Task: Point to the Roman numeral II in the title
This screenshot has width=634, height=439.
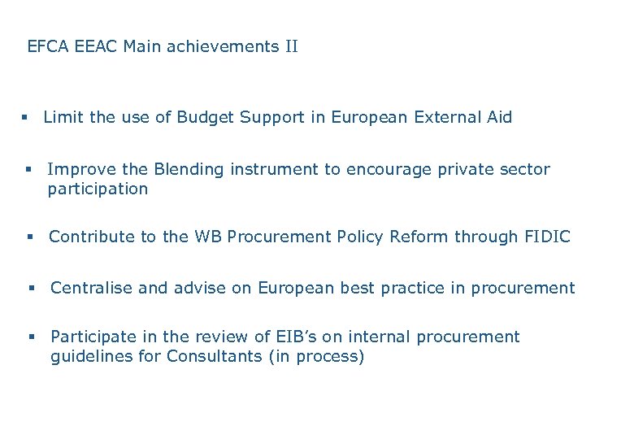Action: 291,46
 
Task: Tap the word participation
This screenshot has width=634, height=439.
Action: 98,189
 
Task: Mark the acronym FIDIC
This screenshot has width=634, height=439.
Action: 546,237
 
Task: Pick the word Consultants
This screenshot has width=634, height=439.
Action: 214,357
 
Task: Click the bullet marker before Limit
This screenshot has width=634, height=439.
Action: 26,118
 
